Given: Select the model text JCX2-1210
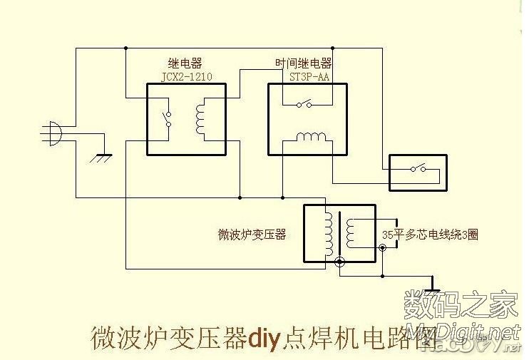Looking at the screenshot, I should (x=188, y=76).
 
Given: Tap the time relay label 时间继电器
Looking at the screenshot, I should (x=302, y=63).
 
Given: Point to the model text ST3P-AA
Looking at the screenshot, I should (x=309, y=76).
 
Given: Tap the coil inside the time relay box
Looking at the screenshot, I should (x=309, y=137).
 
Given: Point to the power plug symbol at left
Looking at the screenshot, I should (x=55, y=133).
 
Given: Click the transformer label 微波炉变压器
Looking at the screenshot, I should (x=252, y=234).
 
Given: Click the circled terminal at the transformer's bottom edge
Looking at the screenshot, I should (x=340, y=262).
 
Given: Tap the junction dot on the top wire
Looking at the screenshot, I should (x=125, y=48).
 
